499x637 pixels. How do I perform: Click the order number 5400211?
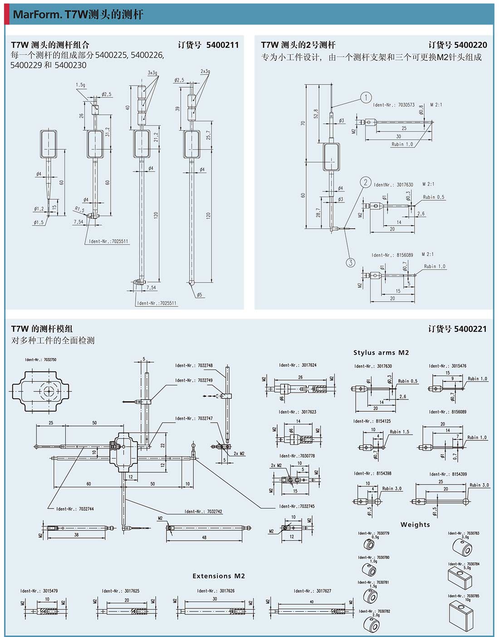coord(222,45)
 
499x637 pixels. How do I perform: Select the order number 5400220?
coord(470,45)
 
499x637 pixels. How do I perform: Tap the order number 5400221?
coord(470,329)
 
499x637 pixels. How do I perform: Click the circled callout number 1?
coord(366,98)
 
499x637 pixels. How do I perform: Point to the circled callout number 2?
coord(366,183)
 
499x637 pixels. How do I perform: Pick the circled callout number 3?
coord(351,262)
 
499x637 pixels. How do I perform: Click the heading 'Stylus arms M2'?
coord(381,353)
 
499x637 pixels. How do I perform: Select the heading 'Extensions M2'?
coord(219,576)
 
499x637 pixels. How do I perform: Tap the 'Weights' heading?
coord(415,525)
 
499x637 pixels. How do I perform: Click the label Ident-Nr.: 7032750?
coord(41,360)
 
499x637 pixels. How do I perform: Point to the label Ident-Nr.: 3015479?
coord(39,591)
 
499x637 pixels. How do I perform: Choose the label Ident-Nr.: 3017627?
coord(313,591)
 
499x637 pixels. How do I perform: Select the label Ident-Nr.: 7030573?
coord(394,105)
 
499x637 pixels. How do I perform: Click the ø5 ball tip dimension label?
coord(199,295)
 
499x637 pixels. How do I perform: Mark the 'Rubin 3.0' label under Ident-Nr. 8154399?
coord(479,485)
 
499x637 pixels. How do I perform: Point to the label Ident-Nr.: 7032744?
coord(75,509)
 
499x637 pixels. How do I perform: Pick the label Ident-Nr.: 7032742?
coord(203,512)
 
